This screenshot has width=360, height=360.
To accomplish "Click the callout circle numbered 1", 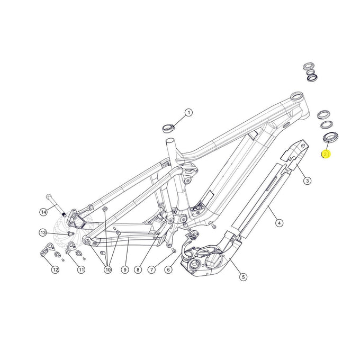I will tap(189, 112).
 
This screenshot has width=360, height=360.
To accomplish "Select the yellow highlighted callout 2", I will tap(326, 154).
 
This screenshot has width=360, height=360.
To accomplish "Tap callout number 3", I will tap(307, 181).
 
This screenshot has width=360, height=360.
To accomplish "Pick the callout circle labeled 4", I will tap(280, 223).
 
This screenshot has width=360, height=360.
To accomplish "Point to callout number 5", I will tap(243, 276).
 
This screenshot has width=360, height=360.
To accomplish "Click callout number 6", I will tap(168, 269).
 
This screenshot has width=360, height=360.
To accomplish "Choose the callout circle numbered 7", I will tap(151, 269).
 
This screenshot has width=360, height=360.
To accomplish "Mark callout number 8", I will tap(138, 269).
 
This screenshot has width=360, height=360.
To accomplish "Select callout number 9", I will tap(124, 269).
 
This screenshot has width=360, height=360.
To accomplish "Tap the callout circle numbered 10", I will tap(108, 269).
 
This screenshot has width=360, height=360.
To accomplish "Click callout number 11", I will tap(81, 269).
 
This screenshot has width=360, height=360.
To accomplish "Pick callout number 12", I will tap(55, 269).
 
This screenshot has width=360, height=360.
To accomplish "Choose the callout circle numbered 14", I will tap(43, 212).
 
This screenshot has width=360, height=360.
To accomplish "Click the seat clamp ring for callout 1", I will tap(168, 127).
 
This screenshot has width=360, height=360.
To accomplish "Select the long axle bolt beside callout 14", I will tap(56, 204).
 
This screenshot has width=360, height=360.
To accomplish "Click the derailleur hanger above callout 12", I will tap(49, 249).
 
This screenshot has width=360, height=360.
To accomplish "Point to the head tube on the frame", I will tap(298, 102).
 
